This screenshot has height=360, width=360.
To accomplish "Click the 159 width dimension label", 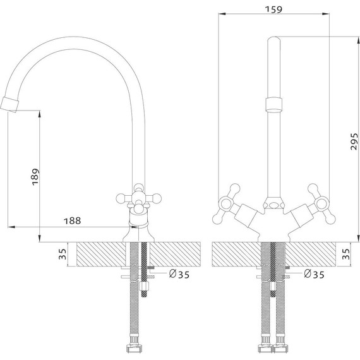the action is pyautogui.click(x=273, y=9).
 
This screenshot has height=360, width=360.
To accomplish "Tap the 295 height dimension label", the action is pyautogui.click(x=354, y=141).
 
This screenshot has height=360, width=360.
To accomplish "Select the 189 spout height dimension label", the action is pyautogui.click(x=35, y=177).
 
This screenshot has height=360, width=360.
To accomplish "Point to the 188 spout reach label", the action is pyautogui.click(x=73, y=221).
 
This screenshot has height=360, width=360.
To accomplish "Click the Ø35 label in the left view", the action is pyautogui.click(x=179, y=274).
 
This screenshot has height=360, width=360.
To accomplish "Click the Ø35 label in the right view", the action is pyautogui.click(x=314, y=274).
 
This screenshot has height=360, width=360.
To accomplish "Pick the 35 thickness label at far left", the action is pyautogui.click(x=63, y=254).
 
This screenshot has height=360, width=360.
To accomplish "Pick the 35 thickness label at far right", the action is pyautogui.click(x=346, y=254).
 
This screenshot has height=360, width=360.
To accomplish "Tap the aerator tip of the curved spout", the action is pyautogui.click(x=9, y=105).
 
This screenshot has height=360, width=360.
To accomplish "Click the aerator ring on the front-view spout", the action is pyautogui.click(x=274, y=105).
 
